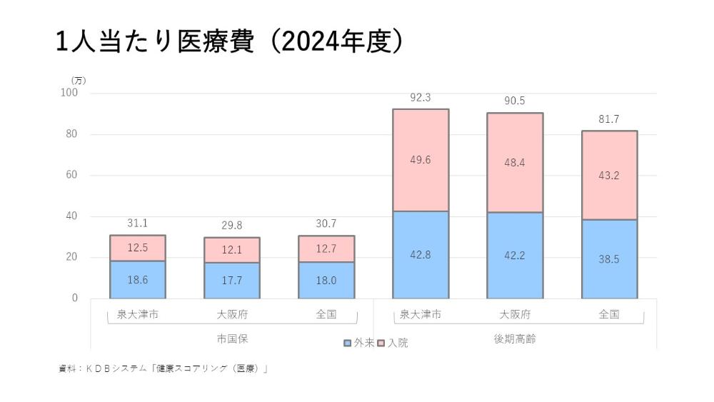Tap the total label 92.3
click(x=421, y=98)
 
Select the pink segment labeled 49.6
click(x=421, y=160)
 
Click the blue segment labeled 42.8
click(x=421, y=254)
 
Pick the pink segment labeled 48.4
click(x=515, y=163)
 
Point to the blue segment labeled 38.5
click(x=609, y=258)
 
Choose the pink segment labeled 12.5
click(x=138, y=248)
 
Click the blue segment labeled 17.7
click(x=232, y=280)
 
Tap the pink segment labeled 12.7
click(x=326, y=248)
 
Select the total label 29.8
click(x=232, y=226)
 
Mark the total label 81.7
click(x=609, y=119)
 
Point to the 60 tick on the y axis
click(x=71, y=175)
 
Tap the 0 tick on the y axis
click(x=74, y=298)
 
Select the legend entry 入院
click(x=393, y=343)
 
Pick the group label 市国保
click(x=232, y=338)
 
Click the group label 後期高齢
click(x=515, y=338)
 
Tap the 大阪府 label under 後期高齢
click(x=515, y=314)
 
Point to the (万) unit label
click(x=79, y=80)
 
